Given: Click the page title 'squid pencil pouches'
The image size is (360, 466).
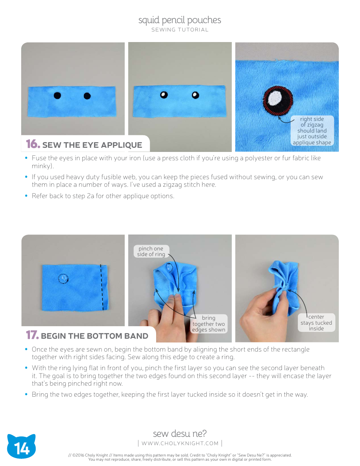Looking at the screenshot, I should (180, 20).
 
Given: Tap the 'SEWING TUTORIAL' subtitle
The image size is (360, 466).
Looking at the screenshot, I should (180, 30).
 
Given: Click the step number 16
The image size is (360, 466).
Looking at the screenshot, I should (33, 144).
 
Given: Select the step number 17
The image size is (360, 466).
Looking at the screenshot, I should (32, 335).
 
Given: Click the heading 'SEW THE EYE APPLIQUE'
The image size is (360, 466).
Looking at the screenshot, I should (92, 145).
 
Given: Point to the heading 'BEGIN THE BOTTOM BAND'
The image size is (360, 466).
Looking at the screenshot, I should (94, 336).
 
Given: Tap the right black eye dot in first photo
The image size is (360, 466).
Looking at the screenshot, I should (87, 96).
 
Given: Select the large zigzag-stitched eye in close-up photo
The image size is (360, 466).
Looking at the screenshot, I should (278, 100).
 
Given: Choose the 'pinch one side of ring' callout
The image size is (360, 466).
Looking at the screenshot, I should (151, 252).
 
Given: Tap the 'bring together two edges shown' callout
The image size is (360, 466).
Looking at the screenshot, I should (208, 324).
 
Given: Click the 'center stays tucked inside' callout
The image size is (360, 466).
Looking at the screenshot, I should (316, 322).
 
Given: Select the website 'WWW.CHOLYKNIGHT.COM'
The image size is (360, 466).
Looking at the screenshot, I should (180, 443).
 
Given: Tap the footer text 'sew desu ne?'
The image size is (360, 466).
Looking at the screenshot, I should (180, 433).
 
